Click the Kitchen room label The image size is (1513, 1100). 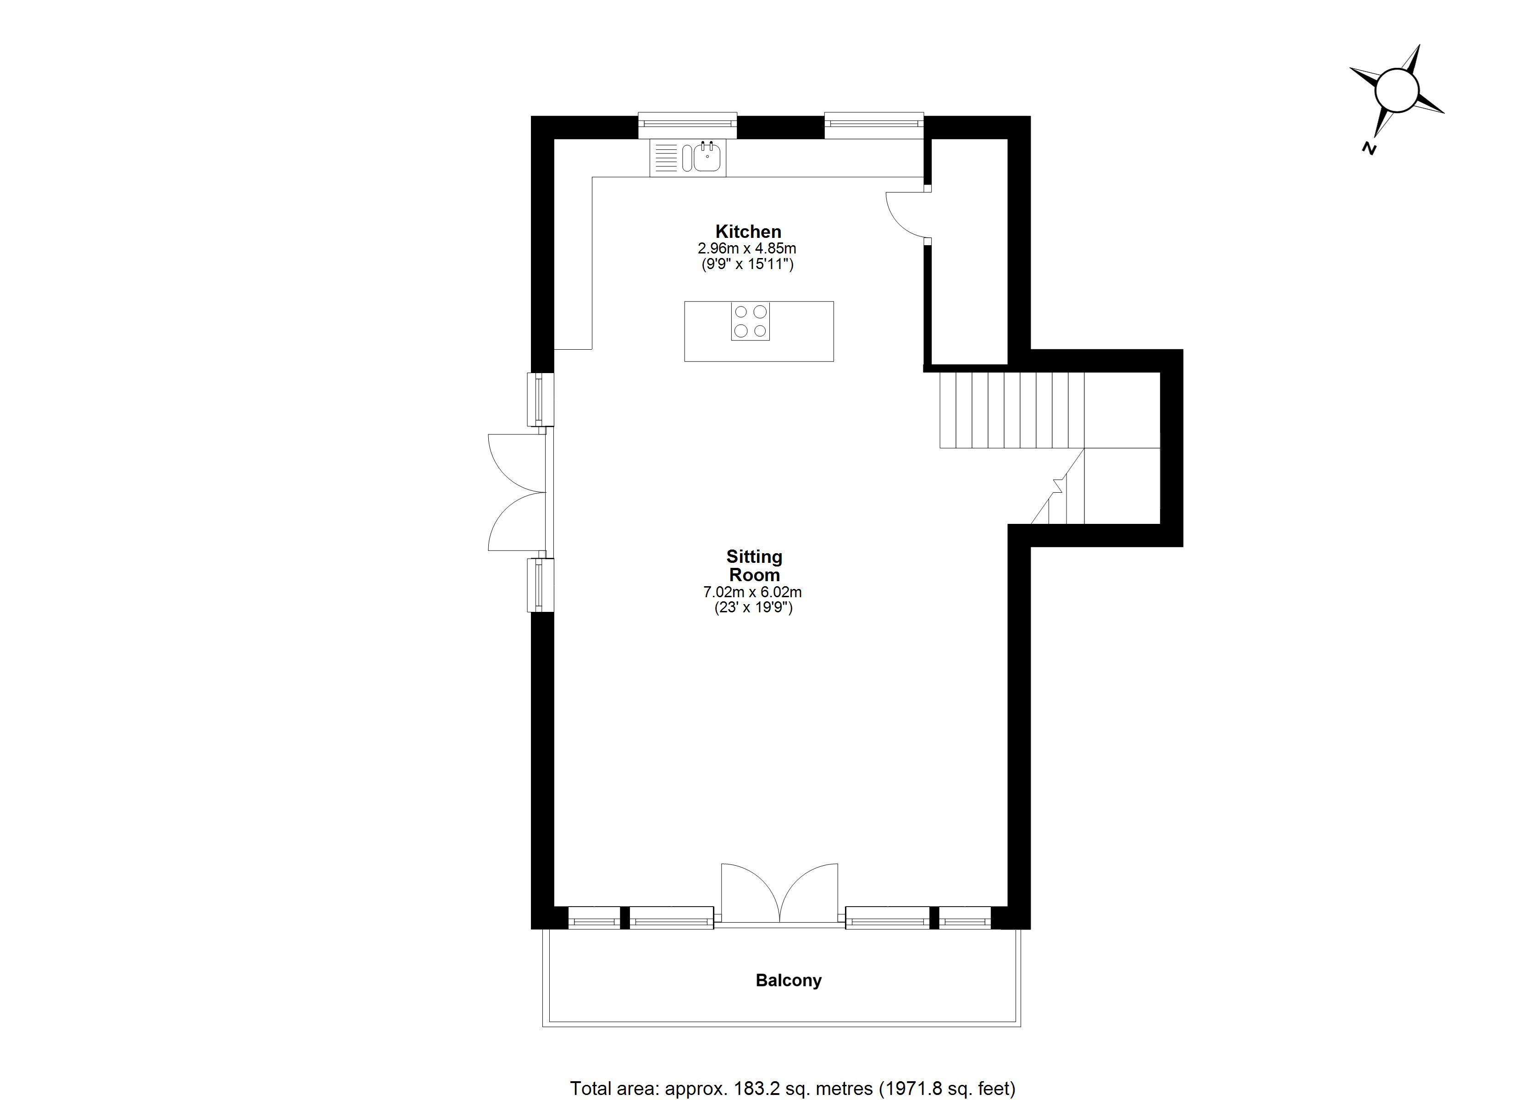tap(748, 231)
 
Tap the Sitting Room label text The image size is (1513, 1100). tap(754, 566)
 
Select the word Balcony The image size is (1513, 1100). tap(789, 980)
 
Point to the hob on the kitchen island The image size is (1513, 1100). tap(750, 322)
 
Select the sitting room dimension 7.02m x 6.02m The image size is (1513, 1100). tap(752, 592)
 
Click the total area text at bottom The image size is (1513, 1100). tap(793, 1089)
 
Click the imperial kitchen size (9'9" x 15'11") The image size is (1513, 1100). tap(747, 264)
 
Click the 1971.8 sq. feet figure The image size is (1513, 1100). tap(947, 1089)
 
